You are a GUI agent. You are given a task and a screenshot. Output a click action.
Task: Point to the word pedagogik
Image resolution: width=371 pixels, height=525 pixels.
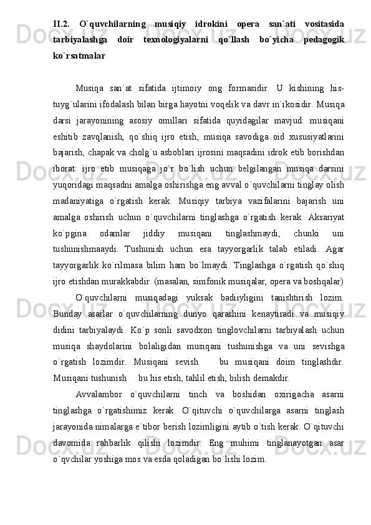pyautogui.click(x=324, y=39)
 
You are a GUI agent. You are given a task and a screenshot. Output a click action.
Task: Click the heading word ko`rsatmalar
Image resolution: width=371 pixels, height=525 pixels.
pyautogui.click(x=79, y=55)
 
